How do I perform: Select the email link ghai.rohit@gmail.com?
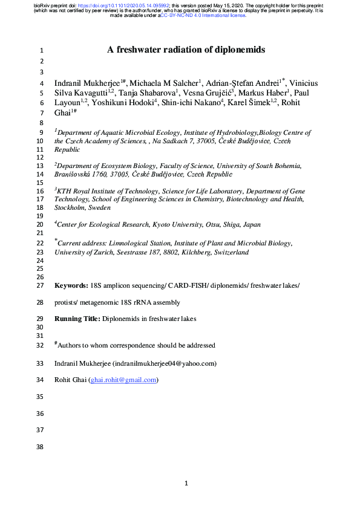tap(123, 380)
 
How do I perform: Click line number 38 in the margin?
tap(41, 448)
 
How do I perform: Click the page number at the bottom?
tap(186, 483)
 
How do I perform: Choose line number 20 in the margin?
tap(41, 224)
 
